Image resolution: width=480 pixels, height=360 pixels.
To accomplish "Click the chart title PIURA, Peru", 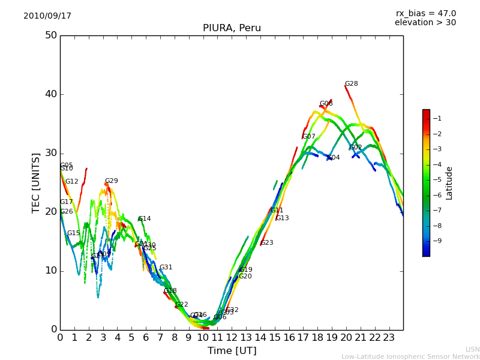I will [x=232, y=28].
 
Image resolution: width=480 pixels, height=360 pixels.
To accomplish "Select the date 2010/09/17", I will [x=47, y=16].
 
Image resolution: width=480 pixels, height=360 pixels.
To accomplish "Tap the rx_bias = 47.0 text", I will [x=425, y=14].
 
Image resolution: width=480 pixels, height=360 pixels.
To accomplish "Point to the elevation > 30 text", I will [x=425, y=23].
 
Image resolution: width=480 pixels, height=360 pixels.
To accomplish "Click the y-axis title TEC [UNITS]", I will [x=36, y=182].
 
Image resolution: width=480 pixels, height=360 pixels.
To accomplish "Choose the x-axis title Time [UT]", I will [x=232, y=351].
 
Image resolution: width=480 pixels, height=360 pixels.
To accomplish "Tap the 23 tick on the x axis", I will [x=389, y=338].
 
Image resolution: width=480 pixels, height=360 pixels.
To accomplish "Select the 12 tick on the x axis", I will [x=232, y=338].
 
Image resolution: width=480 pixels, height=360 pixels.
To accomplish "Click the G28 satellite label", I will [x=351, y=84].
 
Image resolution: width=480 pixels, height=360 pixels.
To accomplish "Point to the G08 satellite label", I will [x=326, y=104].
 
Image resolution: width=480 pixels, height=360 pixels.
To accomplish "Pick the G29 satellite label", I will [x=111, y=181].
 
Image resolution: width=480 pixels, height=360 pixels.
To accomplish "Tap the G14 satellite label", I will [x=144, y=219].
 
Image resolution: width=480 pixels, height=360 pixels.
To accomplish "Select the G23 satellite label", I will [x=266, y=243].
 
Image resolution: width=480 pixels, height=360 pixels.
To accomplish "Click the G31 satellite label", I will [x=166, y=268].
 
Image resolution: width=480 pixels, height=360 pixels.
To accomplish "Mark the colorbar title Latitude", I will [x=449, y=183].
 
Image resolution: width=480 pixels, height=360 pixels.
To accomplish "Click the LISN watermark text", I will [x=472, y=349].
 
